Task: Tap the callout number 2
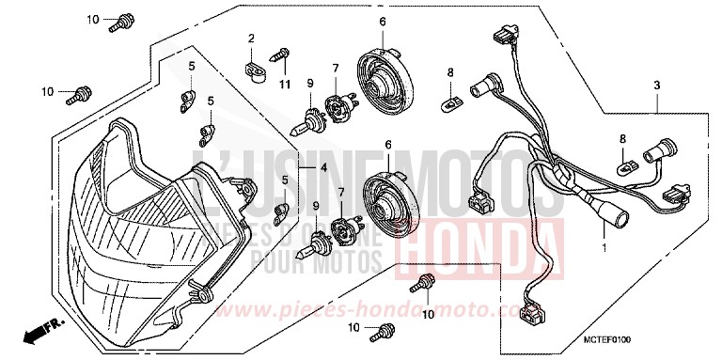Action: tap(252, 39)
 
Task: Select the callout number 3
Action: tap(657, 85)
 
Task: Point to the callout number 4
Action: tap(322, 167)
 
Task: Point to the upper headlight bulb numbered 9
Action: tap(311, 121)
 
